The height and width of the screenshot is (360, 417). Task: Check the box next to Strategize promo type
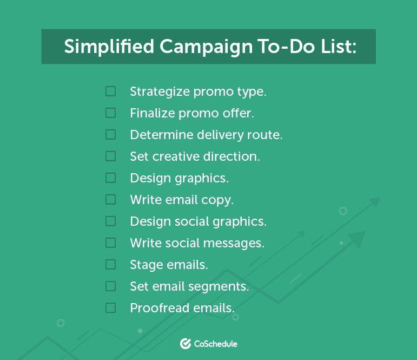(110, 91)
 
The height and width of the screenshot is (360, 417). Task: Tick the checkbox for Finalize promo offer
(110, 113)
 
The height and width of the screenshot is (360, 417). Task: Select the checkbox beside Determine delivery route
(110, 134)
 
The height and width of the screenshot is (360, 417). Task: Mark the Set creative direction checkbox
(110, 156)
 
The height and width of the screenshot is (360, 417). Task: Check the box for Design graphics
(110, 178)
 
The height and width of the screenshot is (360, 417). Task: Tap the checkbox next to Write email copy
(110, 199)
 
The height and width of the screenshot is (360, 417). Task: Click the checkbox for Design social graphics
(110, 221)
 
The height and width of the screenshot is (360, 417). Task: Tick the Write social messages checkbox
(110, 243)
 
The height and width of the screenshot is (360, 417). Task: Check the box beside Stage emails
(110, 264)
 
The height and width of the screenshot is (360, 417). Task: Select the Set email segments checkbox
(110, 286)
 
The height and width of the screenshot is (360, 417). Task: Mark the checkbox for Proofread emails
(110, 307)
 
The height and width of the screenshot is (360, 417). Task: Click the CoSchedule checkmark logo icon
(186, 343)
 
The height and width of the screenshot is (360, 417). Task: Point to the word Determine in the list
(157, 134)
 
